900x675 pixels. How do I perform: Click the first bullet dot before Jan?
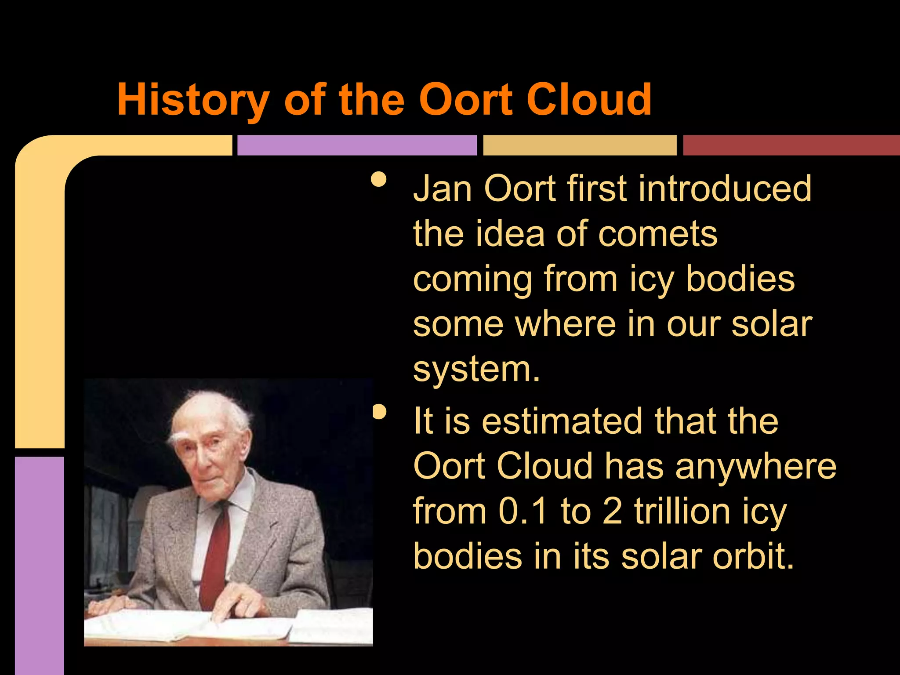pos(378,179)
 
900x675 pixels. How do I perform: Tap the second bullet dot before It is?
pos(378,412)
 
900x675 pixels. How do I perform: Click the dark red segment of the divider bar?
pos(791,145)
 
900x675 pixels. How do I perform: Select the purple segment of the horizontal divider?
pos(357,145)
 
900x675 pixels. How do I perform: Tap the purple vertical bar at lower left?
pos(40,562)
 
